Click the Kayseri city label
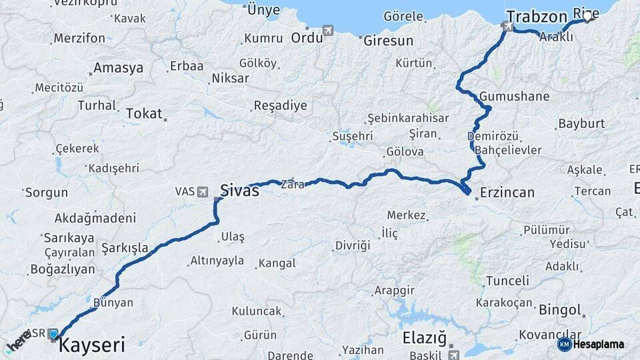(91, 345)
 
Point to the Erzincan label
(507, 193)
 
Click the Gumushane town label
(514, 96)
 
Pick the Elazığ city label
(424, 338)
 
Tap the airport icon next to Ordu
(328, 31)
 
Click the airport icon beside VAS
(203, 191)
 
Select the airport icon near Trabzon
(509, 27)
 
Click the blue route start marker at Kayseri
(53, 333)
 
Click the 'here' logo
(19, 341)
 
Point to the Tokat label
(144, 113)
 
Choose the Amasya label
(118, 67)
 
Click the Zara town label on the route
(293, 184)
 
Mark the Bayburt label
(581, 123)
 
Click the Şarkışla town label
(125, 248)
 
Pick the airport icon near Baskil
(454, 355)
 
